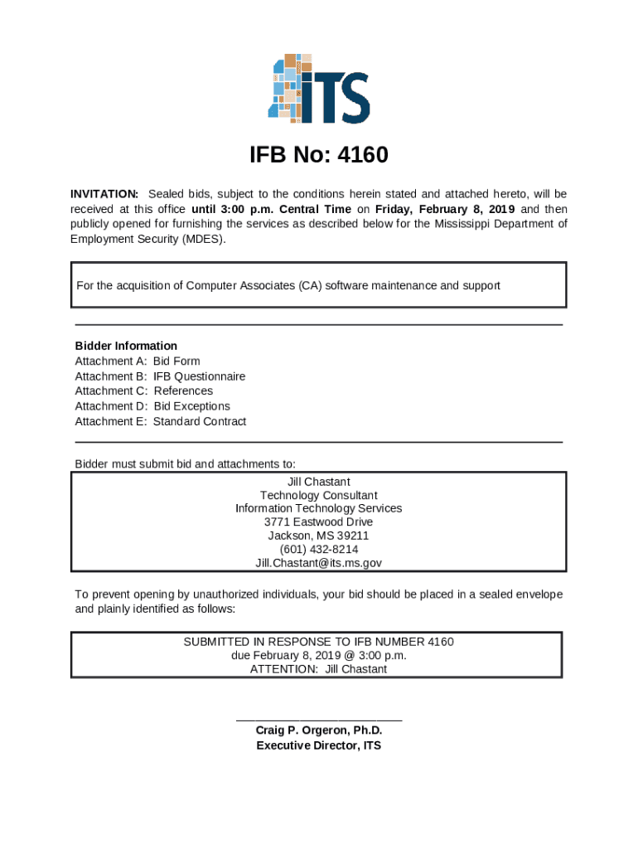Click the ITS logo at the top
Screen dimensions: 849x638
(319, 89)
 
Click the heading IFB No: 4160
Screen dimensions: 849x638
(319, 156)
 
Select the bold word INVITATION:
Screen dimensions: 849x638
(104, 194)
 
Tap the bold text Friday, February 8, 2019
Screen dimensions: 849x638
(445, 209)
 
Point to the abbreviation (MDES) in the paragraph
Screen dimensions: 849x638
(202, 239)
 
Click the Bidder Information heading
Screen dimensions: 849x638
(126, 346)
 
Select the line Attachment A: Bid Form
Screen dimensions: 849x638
(138, 361)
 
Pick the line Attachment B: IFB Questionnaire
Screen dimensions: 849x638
(160, 376)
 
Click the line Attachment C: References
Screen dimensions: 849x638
(143, 391)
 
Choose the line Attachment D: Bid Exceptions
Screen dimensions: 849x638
(152, 406)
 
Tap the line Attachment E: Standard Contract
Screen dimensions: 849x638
(160, 421)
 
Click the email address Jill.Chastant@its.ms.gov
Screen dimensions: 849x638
(319, 563)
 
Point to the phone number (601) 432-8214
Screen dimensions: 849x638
(319, 549)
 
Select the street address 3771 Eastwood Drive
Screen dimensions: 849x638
(319, 522)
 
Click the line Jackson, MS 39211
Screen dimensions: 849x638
(319, 536)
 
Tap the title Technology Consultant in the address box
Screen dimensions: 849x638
(319, 495)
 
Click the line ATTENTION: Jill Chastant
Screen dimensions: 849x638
(319, 669)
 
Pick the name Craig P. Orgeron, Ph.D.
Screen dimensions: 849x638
(319, 730)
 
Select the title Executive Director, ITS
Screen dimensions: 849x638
(319, 745)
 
